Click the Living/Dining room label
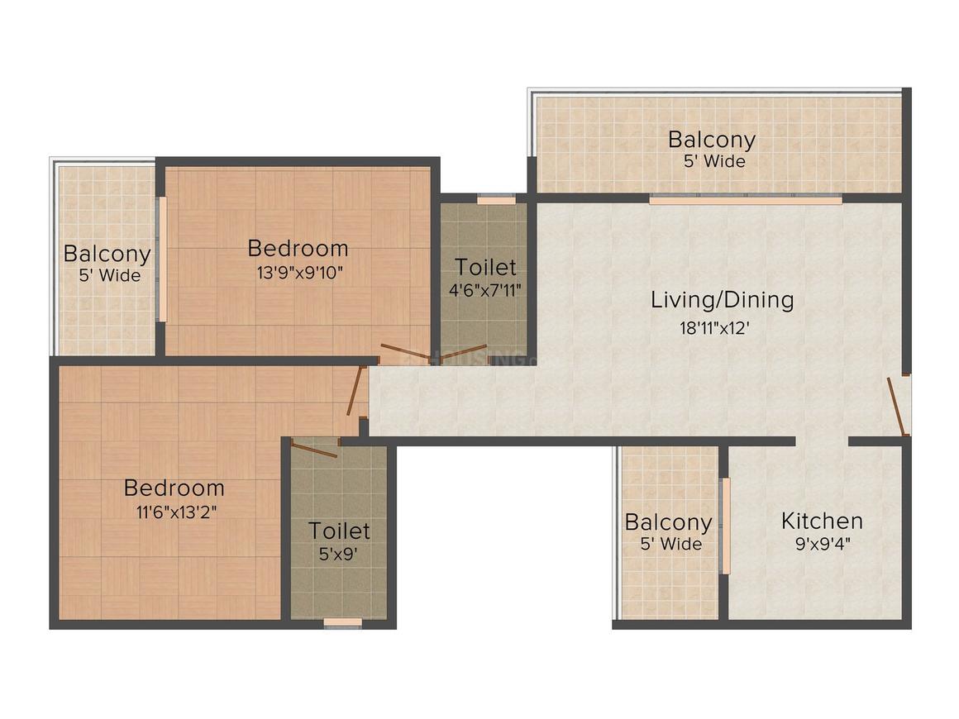(722, 299)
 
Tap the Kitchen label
(822, 521)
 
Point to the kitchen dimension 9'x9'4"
(822, 545)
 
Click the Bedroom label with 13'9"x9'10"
(298, 248)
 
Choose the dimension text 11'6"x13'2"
(174, 512)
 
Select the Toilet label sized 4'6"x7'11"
(485, 267)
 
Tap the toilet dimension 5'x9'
(339, 555)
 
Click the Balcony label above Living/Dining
(712, 139)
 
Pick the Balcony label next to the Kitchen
(668, 522)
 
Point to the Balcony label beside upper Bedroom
(107, 254)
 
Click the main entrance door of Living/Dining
(898, 406)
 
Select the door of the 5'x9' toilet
(314, 450)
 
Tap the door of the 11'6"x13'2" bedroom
(356, 391)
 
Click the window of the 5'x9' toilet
(342, 622)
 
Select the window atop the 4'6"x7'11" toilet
(496, 199)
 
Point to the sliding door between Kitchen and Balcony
(725, 526)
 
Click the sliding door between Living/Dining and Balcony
(745, 199)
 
